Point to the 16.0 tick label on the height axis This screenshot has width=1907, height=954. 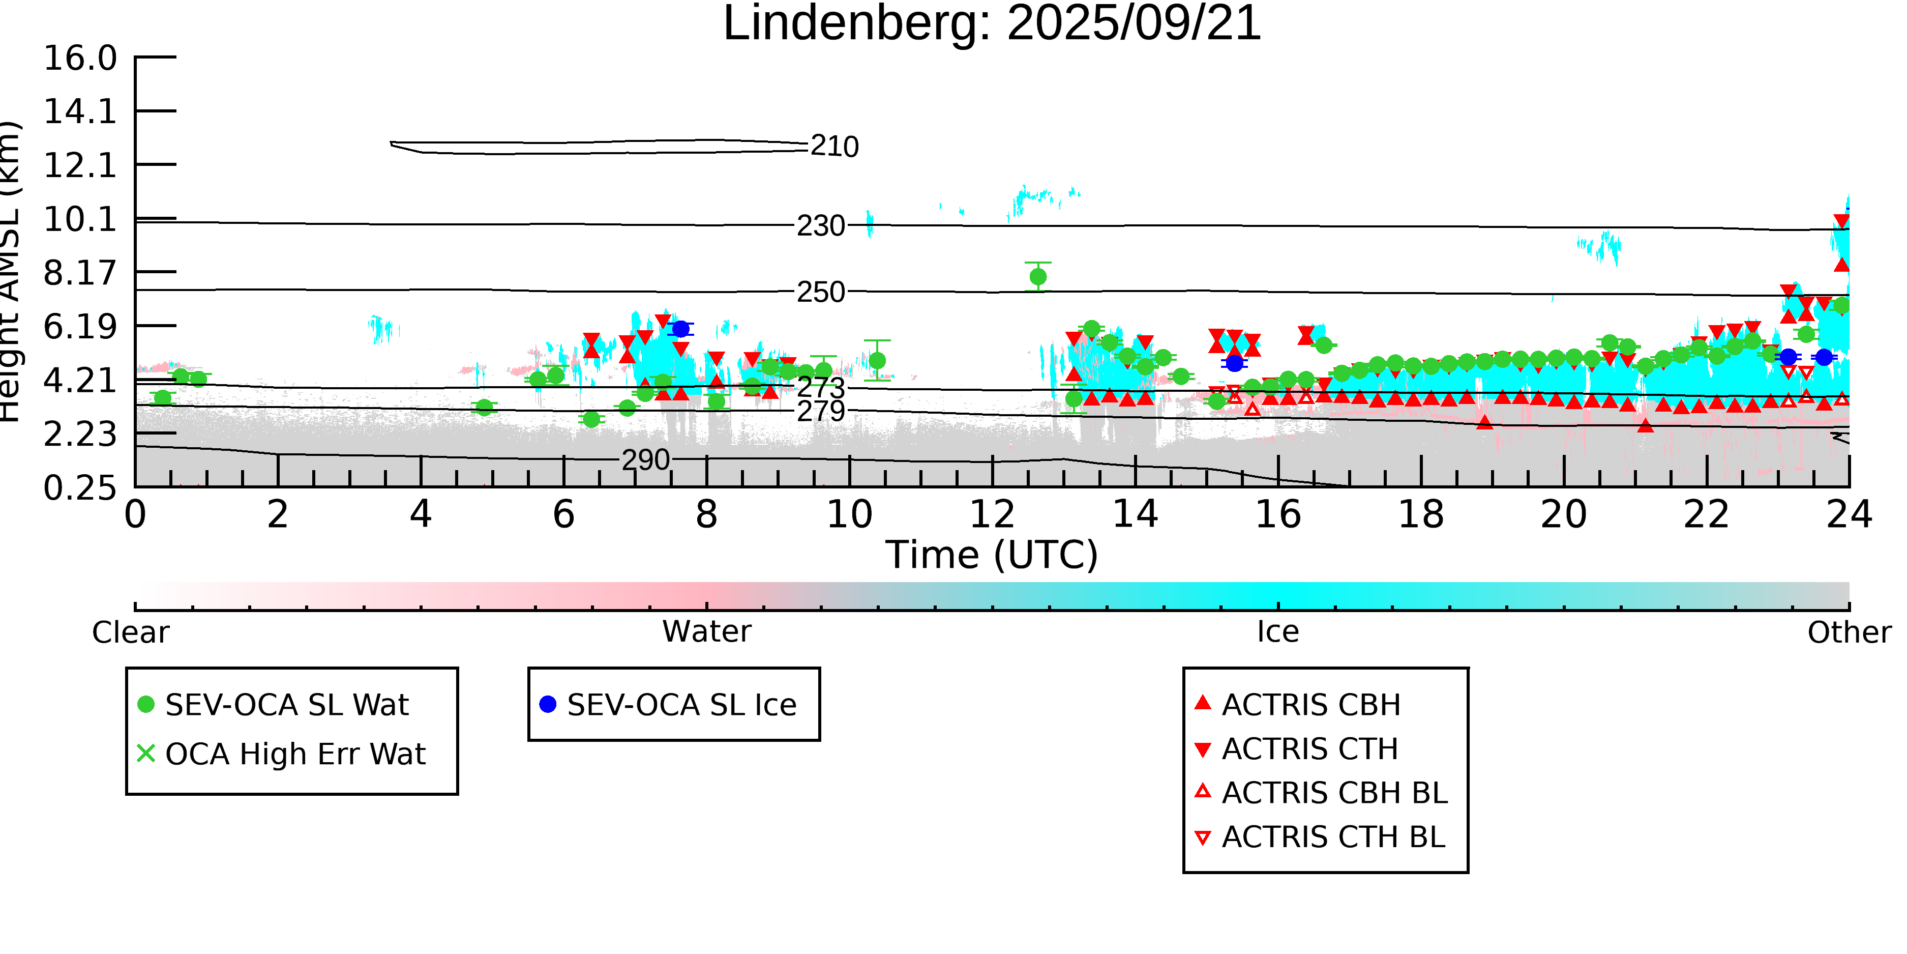[x=80, y=59]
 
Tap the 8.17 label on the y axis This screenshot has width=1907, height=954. [x=80, y=273]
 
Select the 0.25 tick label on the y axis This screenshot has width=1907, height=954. [x=80, y=488]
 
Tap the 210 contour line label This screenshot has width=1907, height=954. [x=835, y=147]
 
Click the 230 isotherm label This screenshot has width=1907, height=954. [x=820, y=226]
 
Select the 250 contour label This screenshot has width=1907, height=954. [x=820, y=293]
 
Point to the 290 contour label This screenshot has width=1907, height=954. [x=645, y=460]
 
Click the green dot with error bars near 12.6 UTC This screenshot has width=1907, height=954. [x=1038, y=277]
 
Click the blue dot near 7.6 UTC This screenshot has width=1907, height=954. [x=680, y=329]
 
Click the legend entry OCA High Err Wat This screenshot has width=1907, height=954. [x=294, y=754]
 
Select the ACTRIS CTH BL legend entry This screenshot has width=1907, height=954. [x=1332, y=837]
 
